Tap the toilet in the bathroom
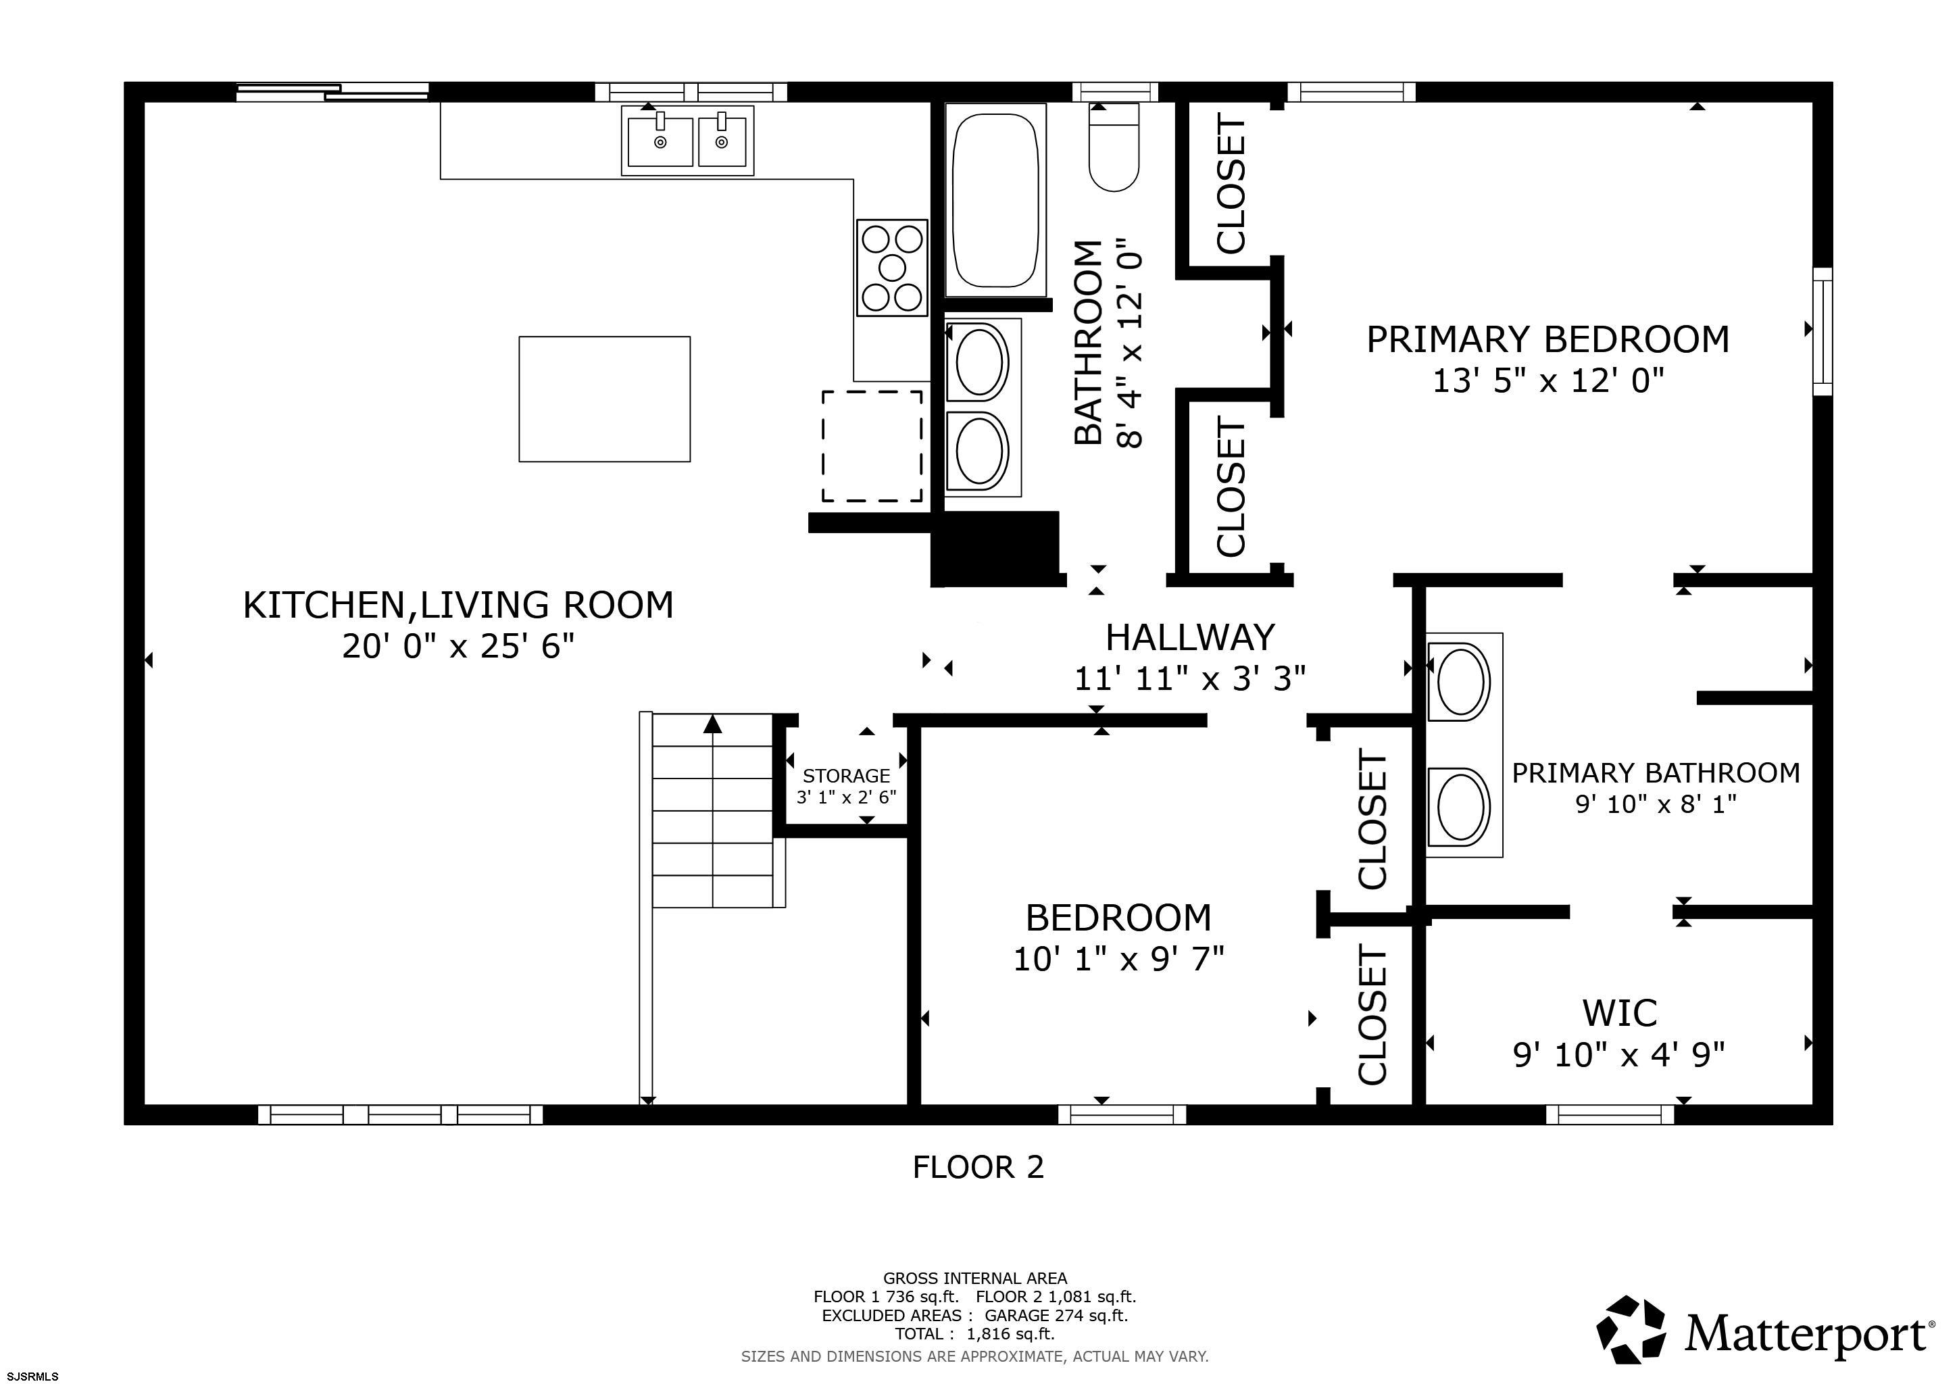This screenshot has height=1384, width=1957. pyautogui.click(x=1114, y=147)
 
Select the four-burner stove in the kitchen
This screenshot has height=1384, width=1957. pyautogui.click(x=891, y=268)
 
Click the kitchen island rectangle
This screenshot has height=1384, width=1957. pyautogui.click(x=604, y=399)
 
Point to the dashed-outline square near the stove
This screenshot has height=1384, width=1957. pyautogui.click(x=872, y=446)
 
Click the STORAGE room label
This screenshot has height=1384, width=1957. pyautogui.click(x=846, y=776)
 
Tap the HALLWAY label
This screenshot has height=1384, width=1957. pyautogui.click(x=1190, y=637)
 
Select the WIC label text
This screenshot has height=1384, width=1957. pyautogui.click(x=1620, y=1013)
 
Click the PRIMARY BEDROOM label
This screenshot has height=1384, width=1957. pyautogui.click(x=1548, y=339)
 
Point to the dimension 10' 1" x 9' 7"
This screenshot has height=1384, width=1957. pyautogui.click(x=1118, y=960)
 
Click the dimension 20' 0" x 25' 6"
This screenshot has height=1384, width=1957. pyautogui.click(x=459, y=646)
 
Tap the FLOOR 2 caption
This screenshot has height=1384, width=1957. pyautogui.click(x=978, y=1166)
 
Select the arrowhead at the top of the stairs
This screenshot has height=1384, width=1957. pyautogui.click(x=712, y=724)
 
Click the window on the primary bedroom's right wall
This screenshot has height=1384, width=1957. pyautogui.click(x=1823, y=330)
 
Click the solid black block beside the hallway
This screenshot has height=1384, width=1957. pyautogui.click(x=995, y=548)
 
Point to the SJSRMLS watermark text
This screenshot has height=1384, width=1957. pyautogui.click(x=32, y=1375)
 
